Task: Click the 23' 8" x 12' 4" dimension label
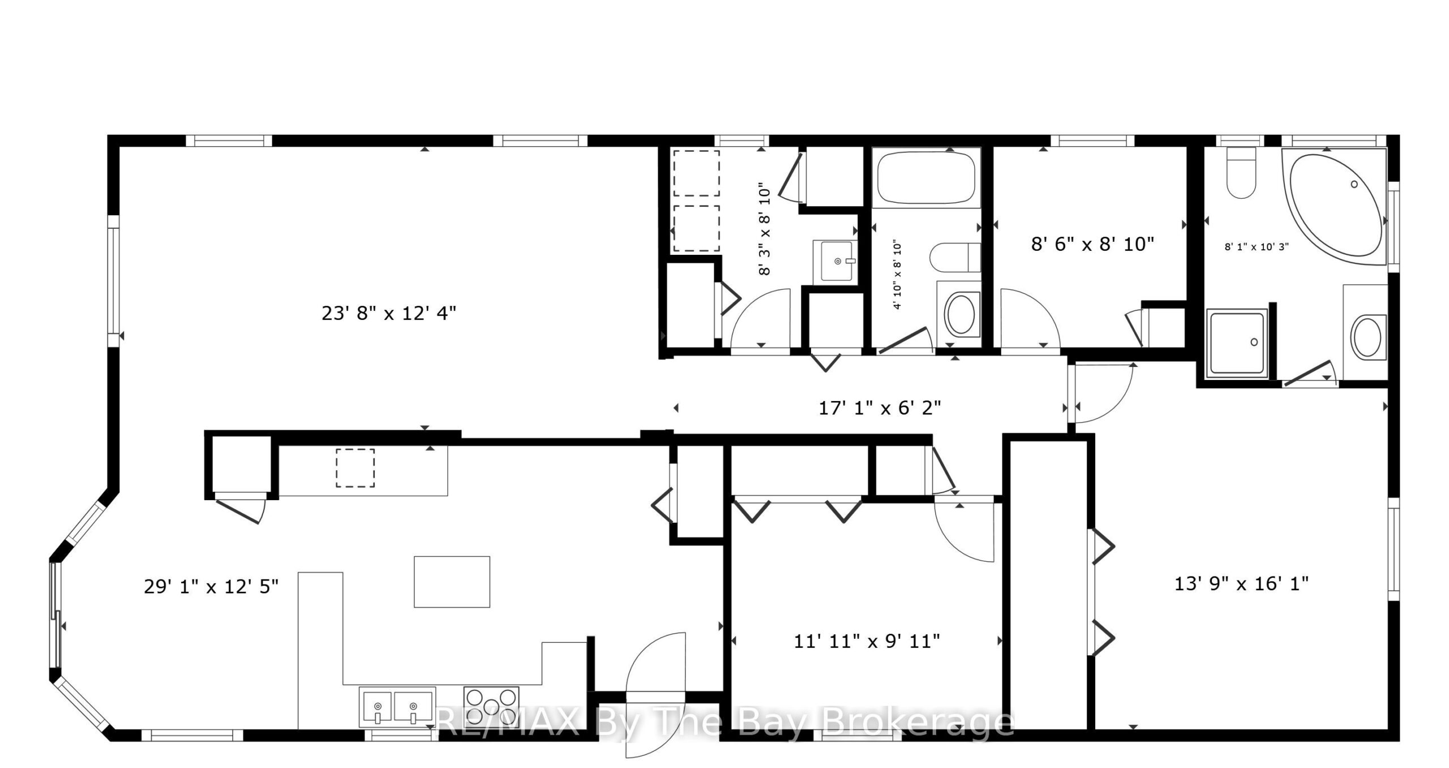coord(389,313)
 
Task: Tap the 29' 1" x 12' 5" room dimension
coord(211,586)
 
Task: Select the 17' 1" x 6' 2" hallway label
coord(880,407)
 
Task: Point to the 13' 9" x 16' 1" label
coord(1241,583)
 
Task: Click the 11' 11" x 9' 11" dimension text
coord(867,641)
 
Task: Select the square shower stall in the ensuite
coord(1237,343)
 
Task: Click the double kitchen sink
coord(397,707)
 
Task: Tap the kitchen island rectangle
coord(452,582)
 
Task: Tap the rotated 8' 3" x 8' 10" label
coord(764,228)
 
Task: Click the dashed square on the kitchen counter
coord(355,468)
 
